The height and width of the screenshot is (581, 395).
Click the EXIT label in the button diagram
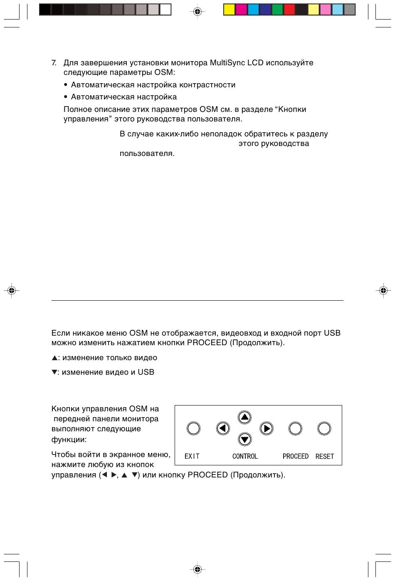[x=192, y=456]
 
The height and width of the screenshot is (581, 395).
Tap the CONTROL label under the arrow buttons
[x=245, y=456]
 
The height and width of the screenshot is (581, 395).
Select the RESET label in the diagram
[x=324, y=456]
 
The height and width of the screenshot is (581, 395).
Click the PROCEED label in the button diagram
[x=295, y=456]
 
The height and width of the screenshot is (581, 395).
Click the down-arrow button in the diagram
[x=245, y=439]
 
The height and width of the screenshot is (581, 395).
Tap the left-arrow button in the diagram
[x=223, y=428]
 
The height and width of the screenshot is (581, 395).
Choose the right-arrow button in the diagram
[x=267, y=428]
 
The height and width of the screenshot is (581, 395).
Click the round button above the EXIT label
[x=193, y=428]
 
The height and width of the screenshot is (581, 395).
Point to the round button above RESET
[x=324, y=428]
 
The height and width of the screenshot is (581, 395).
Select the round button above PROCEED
[x=295, y=428]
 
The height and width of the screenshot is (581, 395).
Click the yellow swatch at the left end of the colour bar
[x=229, y=10]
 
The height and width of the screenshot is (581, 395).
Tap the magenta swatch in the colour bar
[x=241, y=10]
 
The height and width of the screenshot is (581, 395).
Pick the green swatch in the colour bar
[x=277, y=10]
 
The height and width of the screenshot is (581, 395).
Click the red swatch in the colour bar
[x=289, y=10]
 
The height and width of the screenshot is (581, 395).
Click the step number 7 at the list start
[x=54, y=63]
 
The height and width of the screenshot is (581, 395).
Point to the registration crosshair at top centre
[x=197, y=12]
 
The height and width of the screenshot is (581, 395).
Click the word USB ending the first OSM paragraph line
[x=332, y=333]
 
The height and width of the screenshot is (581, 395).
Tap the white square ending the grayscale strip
[x=165, y=10]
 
